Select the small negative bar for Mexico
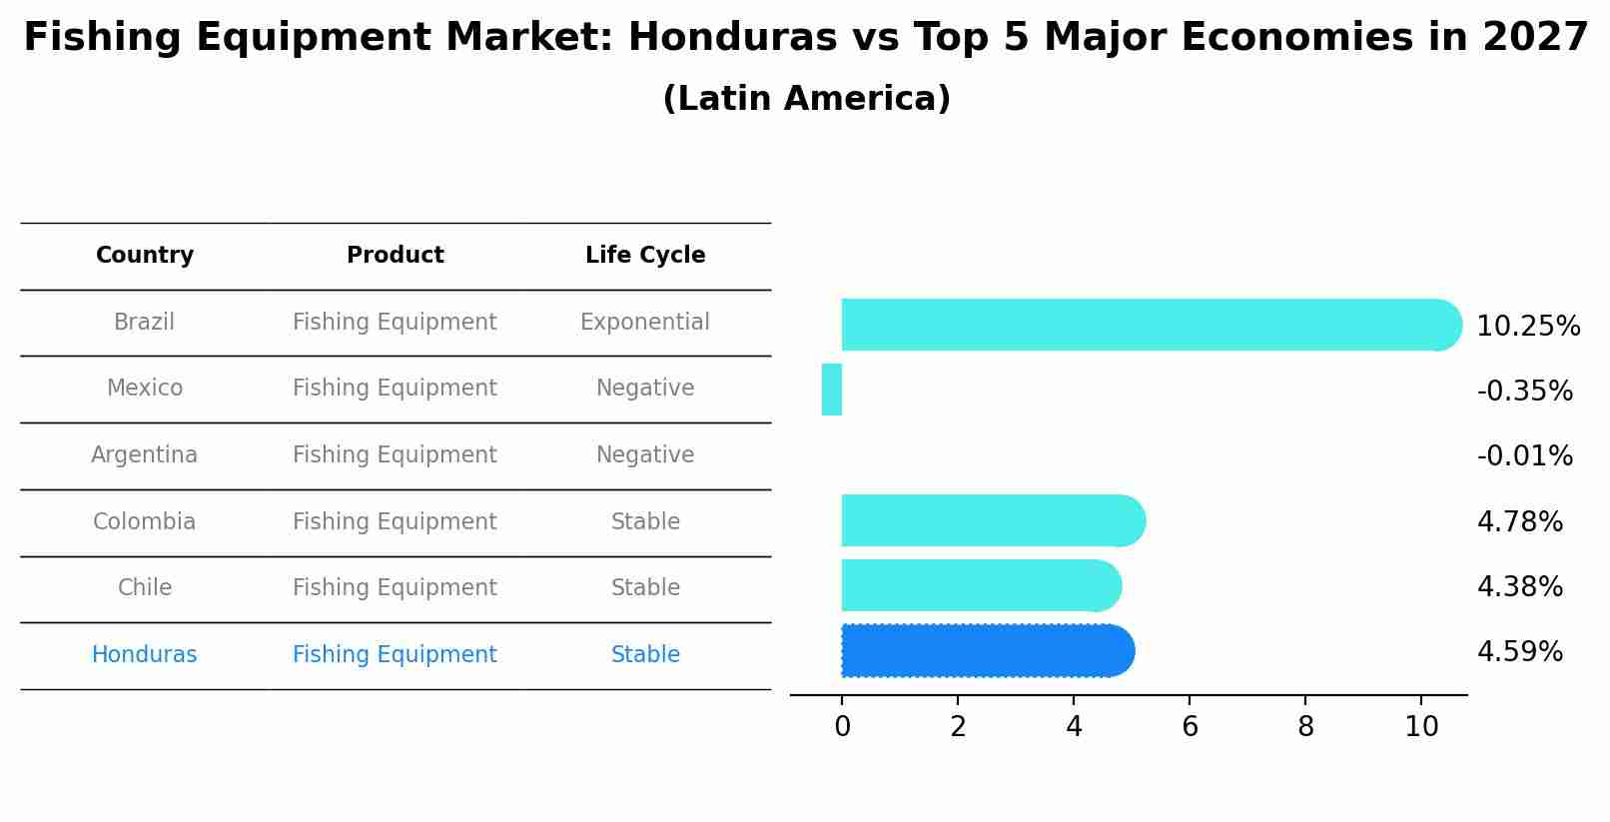coord(832,390)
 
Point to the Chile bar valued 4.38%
coord(980,585)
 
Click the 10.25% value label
coord(1527,327)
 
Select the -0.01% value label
coord(1524,456)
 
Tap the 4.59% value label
coord(1519,652)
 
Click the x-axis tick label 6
coord(1190,727)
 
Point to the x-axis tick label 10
coord(1421,727)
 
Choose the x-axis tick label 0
coord(842,727)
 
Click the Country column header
coord(145,256)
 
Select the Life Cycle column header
coord(645,256)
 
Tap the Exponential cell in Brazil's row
coord(645,323)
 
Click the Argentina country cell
coord(145,455)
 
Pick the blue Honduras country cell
coord(145,655)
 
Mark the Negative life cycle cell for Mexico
coord(645,389)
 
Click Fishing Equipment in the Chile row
coord(395,588)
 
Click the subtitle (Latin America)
coord(806,99)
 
